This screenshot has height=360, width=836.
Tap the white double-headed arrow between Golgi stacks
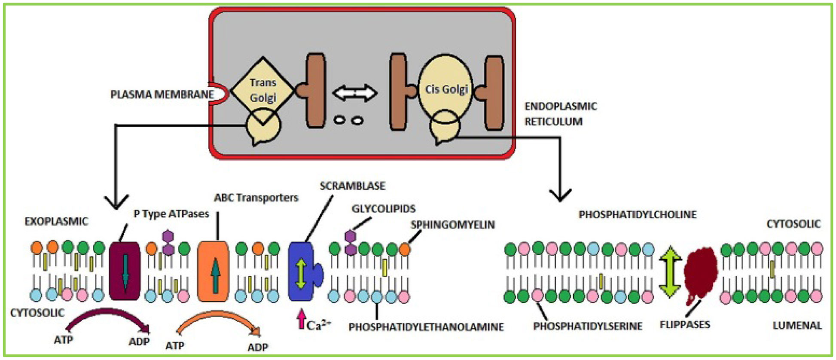355,93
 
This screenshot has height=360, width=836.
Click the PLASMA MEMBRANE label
162,95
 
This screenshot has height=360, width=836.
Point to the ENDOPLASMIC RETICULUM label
560,114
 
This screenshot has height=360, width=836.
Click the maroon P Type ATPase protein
125,271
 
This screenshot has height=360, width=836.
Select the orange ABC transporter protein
214,271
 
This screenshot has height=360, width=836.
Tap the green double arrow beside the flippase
670,272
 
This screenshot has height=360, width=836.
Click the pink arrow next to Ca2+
302,319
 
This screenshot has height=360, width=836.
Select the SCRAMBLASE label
352,186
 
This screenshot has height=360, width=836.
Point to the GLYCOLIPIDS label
383,209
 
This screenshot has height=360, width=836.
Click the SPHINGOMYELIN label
452,225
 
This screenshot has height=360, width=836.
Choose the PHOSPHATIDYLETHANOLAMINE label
426,327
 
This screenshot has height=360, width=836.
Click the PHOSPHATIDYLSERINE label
588,326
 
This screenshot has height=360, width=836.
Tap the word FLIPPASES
685,324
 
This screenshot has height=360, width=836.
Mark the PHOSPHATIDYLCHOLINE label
637,215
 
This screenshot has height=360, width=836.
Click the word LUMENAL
797,326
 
